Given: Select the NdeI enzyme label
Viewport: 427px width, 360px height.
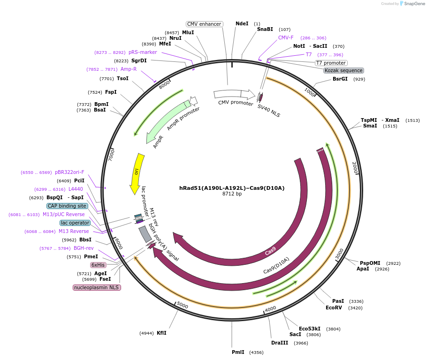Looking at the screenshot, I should point(242,23).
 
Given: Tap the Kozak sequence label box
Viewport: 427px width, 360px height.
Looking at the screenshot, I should point(343,70).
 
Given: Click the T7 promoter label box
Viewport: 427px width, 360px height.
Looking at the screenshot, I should point(331,63).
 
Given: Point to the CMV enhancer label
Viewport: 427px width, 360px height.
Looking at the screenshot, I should point(204,24).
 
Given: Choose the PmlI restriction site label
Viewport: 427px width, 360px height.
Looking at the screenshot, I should point(238,352).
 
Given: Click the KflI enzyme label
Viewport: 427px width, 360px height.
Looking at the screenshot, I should point(161,333).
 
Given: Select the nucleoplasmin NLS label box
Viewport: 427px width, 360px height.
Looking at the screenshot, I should point(97,287).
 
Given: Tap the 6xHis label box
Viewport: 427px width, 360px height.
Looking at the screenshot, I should point(98,265).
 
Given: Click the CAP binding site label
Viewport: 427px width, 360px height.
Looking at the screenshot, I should point(67,206).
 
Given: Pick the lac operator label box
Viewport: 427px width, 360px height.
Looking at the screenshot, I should point(75,223).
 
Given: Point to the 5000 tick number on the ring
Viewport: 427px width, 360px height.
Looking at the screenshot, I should point(182,306).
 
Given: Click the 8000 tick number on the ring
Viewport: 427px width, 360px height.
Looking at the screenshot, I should point(165,85).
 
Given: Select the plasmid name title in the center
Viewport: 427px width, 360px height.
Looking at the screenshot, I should point(232,188).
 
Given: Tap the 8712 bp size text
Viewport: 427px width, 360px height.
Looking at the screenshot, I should point(232,194).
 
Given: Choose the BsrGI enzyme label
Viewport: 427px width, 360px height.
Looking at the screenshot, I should point(340,79).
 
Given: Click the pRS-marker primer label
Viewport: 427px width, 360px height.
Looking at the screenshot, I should point(143,52).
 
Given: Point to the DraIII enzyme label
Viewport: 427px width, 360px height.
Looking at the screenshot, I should point(280,343).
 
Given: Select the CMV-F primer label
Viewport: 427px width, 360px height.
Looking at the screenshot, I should point(286,37).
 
